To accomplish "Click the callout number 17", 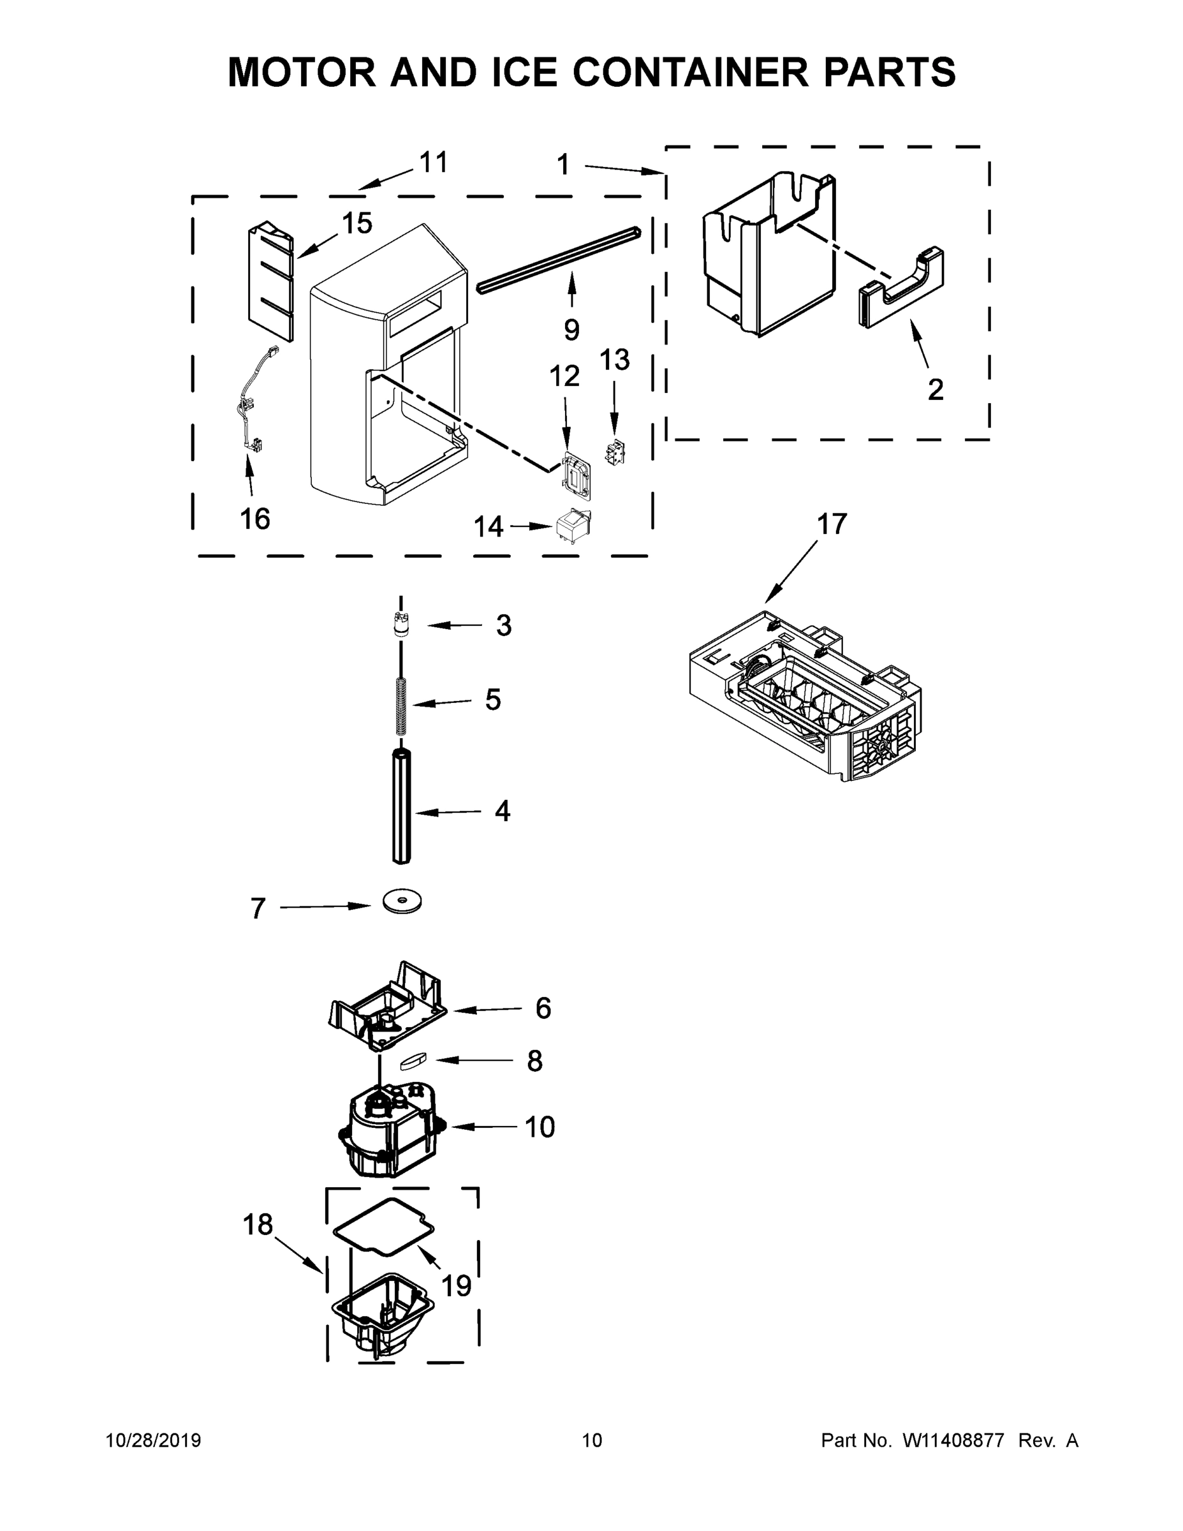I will coord(832,524).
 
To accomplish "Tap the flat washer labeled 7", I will coord(402,901).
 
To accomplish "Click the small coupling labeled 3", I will coord(401,623).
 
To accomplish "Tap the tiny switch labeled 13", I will coord(615,453).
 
